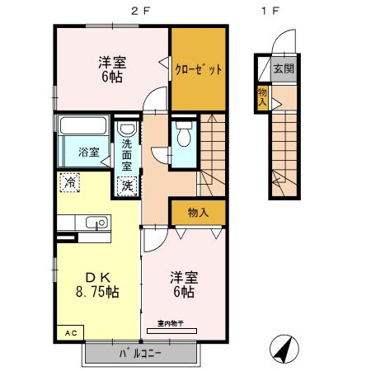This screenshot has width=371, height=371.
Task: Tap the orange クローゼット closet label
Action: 198,69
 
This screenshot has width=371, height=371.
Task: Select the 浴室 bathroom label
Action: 88,153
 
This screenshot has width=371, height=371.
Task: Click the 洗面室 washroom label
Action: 127,154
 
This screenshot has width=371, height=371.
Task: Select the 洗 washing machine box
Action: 128,185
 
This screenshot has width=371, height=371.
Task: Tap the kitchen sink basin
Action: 95,222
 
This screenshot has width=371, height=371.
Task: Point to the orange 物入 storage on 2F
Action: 198,213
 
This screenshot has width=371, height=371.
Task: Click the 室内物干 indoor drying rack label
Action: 171,323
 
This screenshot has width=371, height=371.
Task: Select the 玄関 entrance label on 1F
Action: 282,68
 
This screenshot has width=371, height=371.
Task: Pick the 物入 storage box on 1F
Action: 262,96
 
